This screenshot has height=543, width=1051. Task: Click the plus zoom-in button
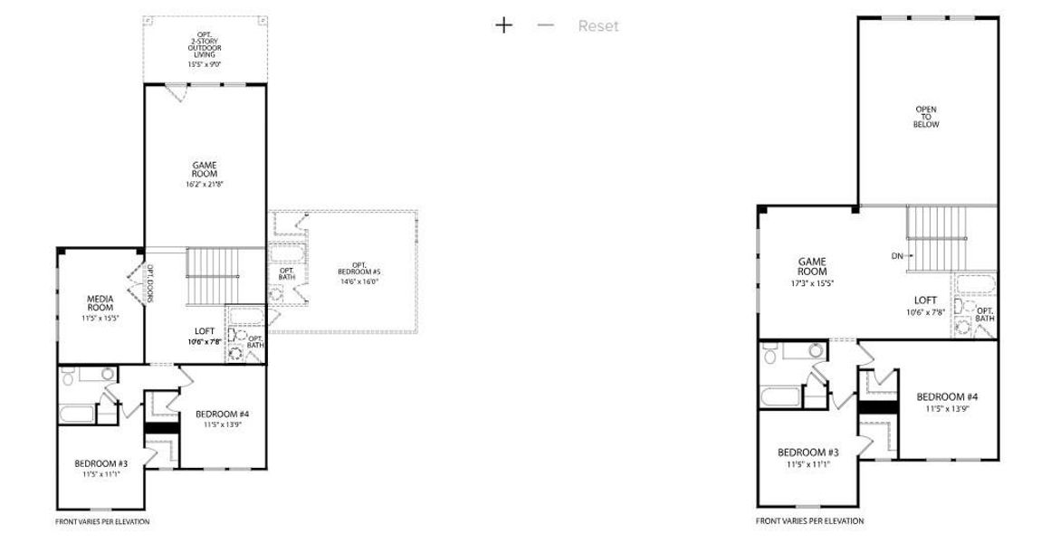point(503,25)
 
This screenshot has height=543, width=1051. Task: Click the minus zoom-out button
point(545,25)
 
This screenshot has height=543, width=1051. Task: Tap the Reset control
point(598,26)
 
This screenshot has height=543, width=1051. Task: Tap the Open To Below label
point(926,117)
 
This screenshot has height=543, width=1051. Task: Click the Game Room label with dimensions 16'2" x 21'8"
point(205,174)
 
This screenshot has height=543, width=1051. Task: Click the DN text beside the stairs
point(897,256)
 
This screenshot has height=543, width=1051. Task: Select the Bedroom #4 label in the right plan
point(947,402)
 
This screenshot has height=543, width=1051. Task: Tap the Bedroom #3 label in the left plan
point(100,468)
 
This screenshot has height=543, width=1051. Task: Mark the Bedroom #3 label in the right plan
point(807,457)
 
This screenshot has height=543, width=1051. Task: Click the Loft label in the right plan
point(924,304)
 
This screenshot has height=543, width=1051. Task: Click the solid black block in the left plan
point(162,428)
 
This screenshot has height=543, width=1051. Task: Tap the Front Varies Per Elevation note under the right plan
point(809,521)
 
